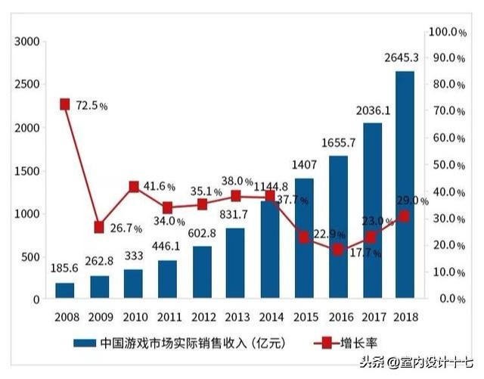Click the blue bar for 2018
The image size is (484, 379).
tap(404, 185)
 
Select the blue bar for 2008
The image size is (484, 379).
tap(65, 290)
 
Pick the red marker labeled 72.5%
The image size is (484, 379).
tap(65, 104)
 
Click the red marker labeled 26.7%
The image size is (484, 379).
tap(99, 227)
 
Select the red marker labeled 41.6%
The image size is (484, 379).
tap(133, 187)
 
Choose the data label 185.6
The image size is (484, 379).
tap(64, 268)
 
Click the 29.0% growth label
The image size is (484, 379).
tap(413, 200)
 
